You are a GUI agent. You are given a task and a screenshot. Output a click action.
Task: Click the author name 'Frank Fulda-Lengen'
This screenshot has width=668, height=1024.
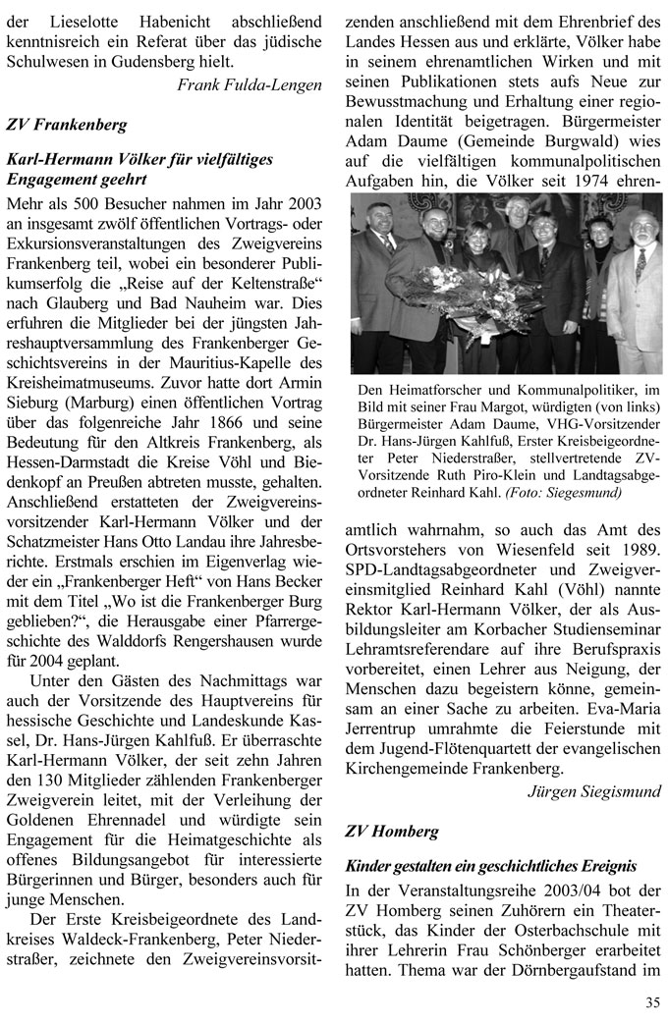(250, 85)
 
